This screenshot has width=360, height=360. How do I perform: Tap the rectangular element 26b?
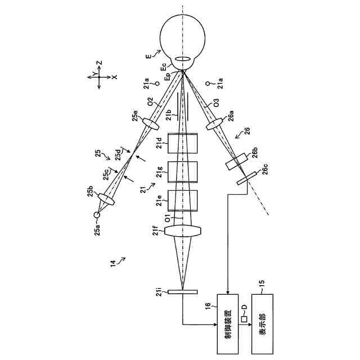pyautogui.click(x=237, y=161)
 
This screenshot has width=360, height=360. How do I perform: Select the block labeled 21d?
pyautogui.click(x=184, y=144)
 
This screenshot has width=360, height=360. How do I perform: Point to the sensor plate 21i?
pyautogui.click(x=183, y=291)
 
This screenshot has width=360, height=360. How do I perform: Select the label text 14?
pyautogui.click(x=114, y=262)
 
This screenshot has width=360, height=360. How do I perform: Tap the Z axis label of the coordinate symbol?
pyautogui.click(x=98, y=63)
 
